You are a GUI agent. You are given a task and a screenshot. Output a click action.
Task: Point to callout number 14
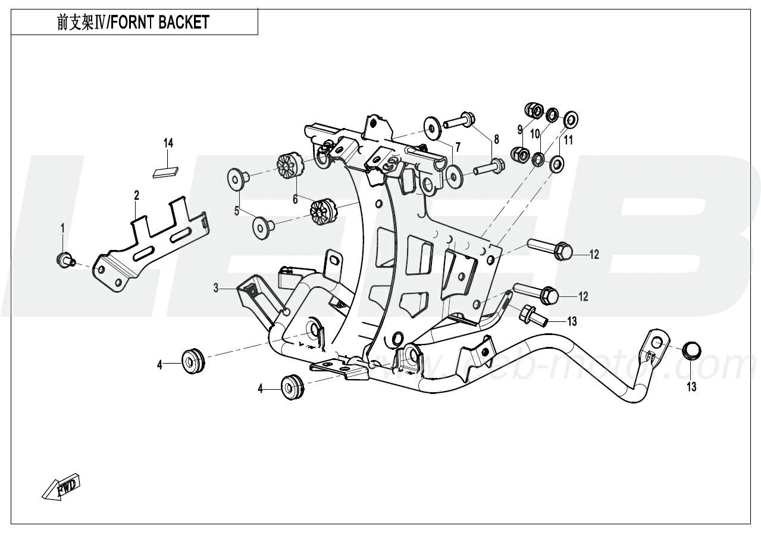coord(168,143)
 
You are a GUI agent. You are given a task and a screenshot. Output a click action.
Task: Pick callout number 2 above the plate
coord(137,195)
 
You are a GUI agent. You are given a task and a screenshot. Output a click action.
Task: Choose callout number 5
coord(236,211)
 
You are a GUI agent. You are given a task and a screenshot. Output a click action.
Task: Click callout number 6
coord(295,200)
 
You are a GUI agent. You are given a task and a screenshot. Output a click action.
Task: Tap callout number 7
coord(458,146)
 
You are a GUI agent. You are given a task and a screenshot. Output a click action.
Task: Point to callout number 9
coord(519,129)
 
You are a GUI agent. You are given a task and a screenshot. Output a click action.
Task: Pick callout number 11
coord(568,140)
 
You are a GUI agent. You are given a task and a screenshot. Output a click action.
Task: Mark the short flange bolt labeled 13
coord(532,316)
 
